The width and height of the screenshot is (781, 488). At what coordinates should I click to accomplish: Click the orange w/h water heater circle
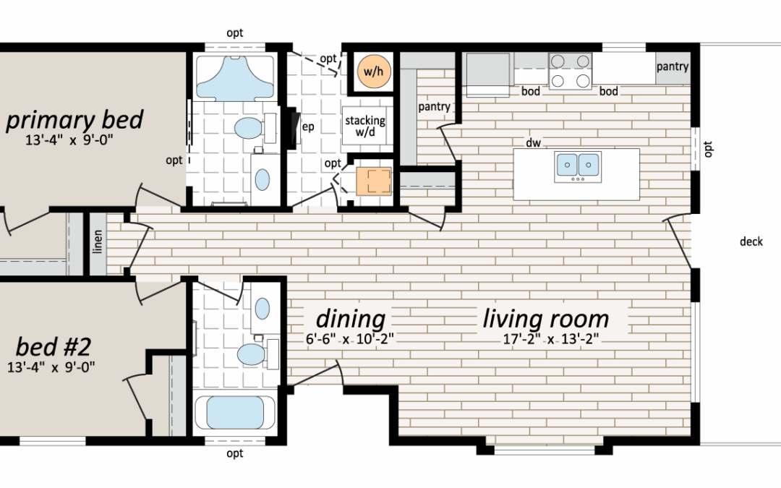374,72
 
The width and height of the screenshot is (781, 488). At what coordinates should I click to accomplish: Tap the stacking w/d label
365,127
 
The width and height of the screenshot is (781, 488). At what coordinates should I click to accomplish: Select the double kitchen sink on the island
578,166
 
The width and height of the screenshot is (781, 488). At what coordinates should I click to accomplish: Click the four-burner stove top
571,71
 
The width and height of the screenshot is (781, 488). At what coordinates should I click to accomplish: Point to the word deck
751,241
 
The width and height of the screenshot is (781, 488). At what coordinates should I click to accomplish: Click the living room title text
545,319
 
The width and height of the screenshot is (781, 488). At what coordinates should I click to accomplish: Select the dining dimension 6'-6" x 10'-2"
350,339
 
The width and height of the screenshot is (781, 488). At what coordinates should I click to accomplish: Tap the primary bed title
74,120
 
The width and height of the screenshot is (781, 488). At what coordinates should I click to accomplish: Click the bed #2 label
54,346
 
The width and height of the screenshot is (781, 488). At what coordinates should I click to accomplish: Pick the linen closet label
98,241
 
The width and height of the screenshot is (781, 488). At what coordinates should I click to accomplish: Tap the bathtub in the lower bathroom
235,412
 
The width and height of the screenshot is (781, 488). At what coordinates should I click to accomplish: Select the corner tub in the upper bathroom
234,77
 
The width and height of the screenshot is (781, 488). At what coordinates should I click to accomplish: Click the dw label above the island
533,143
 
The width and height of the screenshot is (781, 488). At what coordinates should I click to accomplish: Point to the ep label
308,127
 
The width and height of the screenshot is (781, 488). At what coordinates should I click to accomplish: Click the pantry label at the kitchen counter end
673,67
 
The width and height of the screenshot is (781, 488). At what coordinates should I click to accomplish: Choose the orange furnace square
374,181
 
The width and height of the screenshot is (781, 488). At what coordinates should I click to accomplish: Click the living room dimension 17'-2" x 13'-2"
550,339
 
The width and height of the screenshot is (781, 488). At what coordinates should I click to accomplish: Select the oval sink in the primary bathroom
262,180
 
